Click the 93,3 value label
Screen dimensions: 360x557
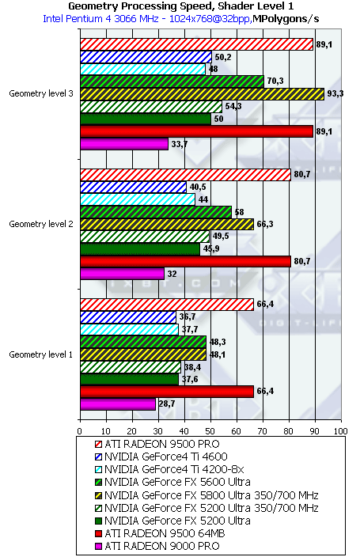pos(335,94)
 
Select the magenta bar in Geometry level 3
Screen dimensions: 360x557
pos(124,144)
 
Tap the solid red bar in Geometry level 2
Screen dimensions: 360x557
pos(185,261)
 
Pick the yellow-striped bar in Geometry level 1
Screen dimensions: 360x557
pos(143,354)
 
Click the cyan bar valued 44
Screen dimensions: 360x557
pos(138,199)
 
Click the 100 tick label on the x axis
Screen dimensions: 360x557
pos(341,431)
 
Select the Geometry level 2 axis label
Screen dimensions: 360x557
pos(41,224)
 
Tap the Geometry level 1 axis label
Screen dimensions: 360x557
pos(41,354)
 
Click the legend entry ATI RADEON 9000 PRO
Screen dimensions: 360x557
pos(157,546)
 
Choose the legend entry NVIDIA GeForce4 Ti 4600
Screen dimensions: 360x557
pos(161,457)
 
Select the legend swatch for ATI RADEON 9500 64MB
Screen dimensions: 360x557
pos(98,533)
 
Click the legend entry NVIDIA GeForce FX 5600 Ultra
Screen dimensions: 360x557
pos(172,482)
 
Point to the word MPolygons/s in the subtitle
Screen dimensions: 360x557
pos(286,19)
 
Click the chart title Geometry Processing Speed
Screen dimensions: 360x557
pos(141,6)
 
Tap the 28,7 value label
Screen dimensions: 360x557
pos(166,404)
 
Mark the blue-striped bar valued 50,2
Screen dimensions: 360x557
pos(146,57)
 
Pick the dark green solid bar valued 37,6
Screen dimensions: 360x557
pos(129,379)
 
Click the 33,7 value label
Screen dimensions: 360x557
pos(179,144)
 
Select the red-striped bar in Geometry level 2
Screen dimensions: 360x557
pos(185,175)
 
